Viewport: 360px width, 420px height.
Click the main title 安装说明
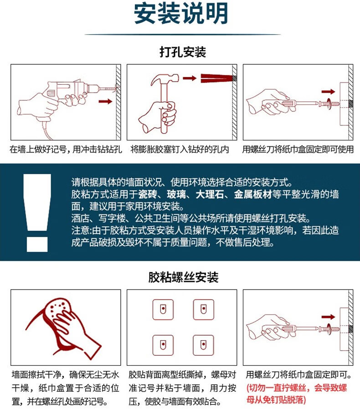click(181, 13)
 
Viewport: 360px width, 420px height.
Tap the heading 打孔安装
click(183, 52)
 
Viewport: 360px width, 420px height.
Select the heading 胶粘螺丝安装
click(183, 277)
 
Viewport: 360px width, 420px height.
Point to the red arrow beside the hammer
click(190, 78)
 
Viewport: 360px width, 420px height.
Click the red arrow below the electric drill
click(105, 101)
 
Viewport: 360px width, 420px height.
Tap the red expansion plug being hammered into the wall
click(216, 78)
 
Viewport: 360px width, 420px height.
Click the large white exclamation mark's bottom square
click(37, 244)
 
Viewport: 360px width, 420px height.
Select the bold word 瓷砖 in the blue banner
click(148, 194)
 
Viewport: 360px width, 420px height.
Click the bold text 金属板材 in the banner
click(253, 194)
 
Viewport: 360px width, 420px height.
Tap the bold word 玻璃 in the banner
click(176, 194)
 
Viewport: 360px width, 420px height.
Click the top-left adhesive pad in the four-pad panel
click(163, 310)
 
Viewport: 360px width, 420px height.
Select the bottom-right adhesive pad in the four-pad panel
click(204, 345)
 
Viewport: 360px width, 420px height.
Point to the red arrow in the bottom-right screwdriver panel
click(329, 317)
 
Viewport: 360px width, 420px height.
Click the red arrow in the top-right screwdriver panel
click(329, 92)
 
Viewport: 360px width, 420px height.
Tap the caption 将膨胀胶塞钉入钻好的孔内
click(180, 150)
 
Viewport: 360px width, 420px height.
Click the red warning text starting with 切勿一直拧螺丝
click(297, 394)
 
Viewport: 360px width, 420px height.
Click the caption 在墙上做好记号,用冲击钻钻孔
click(66, 150)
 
